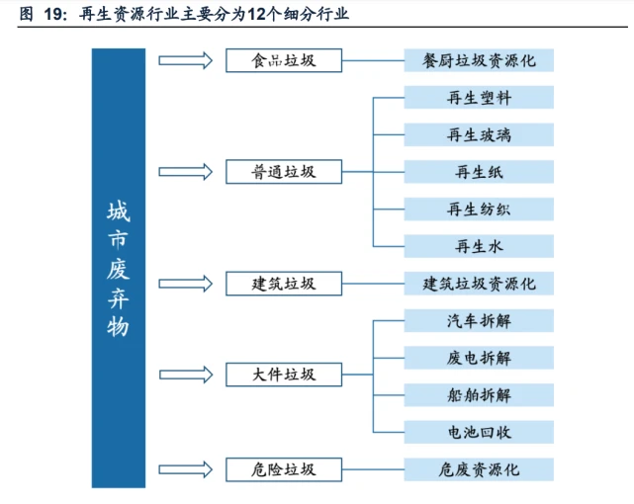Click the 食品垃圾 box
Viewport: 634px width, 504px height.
point(284,60)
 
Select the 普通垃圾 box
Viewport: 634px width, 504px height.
point(284,172)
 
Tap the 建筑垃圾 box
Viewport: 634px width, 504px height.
point(284,284)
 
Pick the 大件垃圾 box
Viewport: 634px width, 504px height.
point(284,375)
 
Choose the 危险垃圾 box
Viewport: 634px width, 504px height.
point(284,469)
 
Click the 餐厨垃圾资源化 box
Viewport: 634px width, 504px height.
point(479,60)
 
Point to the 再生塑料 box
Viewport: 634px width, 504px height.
point(479,97)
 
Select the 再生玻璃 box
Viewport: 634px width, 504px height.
point(479,134)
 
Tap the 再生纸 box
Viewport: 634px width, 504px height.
point(479,172)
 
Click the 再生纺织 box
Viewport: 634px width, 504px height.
point(479,210)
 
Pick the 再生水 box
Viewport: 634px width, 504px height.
point(479,246)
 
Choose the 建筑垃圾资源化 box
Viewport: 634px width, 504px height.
point(479,284)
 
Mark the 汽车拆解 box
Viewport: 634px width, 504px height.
point(479,320)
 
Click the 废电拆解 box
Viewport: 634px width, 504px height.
point(479,358)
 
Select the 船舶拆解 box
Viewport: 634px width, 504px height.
point(479,395)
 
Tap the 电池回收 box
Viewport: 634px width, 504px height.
point(479,432)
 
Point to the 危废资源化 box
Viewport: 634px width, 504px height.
point(479,469)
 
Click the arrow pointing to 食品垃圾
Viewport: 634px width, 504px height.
point(185,60)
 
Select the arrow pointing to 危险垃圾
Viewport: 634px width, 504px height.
point(185,469)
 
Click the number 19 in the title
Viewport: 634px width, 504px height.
point(53,14)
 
